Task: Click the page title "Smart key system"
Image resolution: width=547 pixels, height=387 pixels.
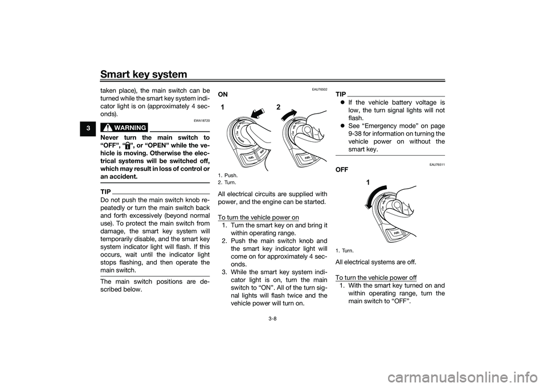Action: pos(144,74)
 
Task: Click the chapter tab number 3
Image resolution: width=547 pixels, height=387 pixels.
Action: pos(89,128)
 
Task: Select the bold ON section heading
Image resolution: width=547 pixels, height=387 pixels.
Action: pos(223,95)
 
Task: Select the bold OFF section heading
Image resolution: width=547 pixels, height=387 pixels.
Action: pos(341,170)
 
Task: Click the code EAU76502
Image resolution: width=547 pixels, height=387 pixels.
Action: pos(320,89)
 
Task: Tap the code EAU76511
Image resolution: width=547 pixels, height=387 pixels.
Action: pos(438,165)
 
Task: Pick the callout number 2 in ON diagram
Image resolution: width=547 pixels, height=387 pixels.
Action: pos(278,108)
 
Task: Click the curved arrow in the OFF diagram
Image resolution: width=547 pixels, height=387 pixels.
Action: pos(374,195)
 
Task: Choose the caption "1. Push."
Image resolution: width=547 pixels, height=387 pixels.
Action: pos(227,176)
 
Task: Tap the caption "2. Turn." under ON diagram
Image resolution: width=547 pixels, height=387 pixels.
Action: pos(227,182)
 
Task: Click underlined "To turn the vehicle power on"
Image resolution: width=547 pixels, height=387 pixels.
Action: pos(258,217)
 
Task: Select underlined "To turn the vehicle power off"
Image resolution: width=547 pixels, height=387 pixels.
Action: pos(376,278)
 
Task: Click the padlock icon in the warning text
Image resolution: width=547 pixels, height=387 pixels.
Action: pos(128,145)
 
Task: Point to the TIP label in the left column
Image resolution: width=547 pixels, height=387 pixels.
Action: pos(105,192)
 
